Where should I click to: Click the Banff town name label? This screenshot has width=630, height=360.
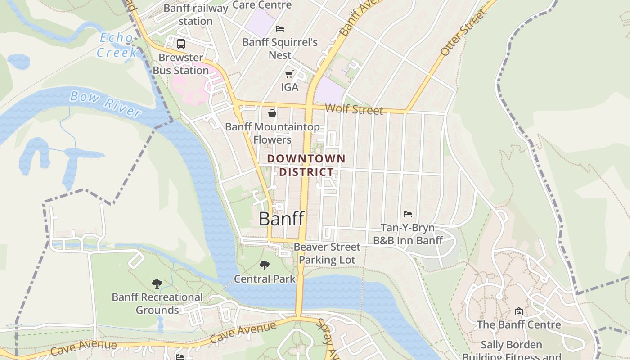point(282,219)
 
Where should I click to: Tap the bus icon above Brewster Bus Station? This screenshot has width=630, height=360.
point(181,44)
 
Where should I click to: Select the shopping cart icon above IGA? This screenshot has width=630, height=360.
point(289,74)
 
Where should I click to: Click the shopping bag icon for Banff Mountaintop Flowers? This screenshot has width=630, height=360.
point(272,113)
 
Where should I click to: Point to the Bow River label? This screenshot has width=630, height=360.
point(106,103)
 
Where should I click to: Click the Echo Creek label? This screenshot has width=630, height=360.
point(117,45)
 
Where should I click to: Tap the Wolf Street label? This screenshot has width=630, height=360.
point(354,109)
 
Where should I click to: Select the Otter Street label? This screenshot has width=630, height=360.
point(463,32)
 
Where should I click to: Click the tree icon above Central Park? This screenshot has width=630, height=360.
point(265,265)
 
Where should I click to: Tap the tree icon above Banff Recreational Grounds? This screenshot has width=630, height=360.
point(157,283)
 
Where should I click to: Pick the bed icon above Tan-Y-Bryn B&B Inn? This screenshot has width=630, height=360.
point(408,214)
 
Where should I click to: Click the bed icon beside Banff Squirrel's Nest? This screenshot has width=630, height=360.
point(279,29)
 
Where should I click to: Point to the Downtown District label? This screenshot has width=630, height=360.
point(306,165)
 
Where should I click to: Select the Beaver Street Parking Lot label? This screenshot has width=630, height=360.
point(327,253)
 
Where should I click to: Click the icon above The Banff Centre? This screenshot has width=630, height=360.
point(519,311)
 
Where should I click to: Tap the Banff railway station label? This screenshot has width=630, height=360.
point(196,14)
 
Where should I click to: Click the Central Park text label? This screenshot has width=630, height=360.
point(265,279)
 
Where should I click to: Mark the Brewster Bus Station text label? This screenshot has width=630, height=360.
point(181,64)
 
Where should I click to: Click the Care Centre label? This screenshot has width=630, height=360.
point(262,5)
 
